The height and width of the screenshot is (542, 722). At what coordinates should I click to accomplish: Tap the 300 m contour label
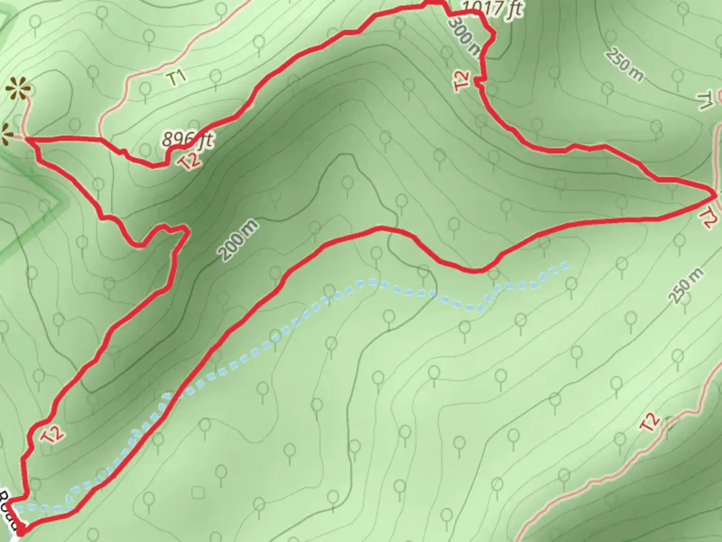(465, 36)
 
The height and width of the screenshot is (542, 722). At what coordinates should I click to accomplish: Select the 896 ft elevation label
(187, 140)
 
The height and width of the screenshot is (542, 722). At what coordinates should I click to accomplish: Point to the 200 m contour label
(239, 240)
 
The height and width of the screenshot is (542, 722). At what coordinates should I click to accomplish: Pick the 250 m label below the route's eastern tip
(686, 286)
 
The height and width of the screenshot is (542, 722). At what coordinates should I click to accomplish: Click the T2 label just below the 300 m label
(462, 82)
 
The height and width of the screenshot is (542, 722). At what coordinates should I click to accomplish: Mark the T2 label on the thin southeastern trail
(650, 423)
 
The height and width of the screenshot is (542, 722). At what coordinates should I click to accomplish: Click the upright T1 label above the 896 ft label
(177, 77)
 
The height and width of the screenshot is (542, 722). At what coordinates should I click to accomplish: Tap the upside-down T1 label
(705, 100)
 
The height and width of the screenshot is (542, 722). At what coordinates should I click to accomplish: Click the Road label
(9, 509)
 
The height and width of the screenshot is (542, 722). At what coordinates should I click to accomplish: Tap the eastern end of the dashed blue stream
(567, 263)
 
